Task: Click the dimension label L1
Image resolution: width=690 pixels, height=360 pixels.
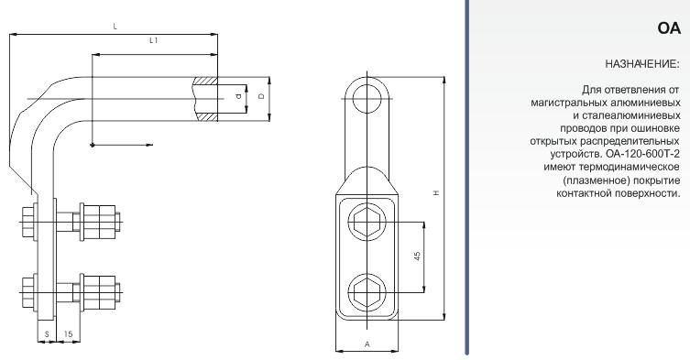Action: pos(153,40)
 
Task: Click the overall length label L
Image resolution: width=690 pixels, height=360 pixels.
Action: pos(115,27)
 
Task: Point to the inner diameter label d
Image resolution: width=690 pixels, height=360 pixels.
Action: pos(238,95)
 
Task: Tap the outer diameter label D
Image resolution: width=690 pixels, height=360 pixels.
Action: pos(262,96)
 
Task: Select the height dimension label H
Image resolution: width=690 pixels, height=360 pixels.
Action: pos(436,192)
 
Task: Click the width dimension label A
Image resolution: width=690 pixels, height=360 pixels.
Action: pos(367,344)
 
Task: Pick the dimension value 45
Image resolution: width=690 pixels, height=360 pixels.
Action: pos(417,256)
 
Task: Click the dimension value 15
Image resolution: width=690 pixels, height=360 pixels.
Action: pos(68,334)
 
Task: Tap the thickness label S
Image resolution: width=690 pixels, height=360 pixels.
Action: pos(47,334)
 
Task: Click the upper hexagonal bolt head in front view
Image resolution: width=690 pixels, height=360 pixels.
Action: pos(367,223)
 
